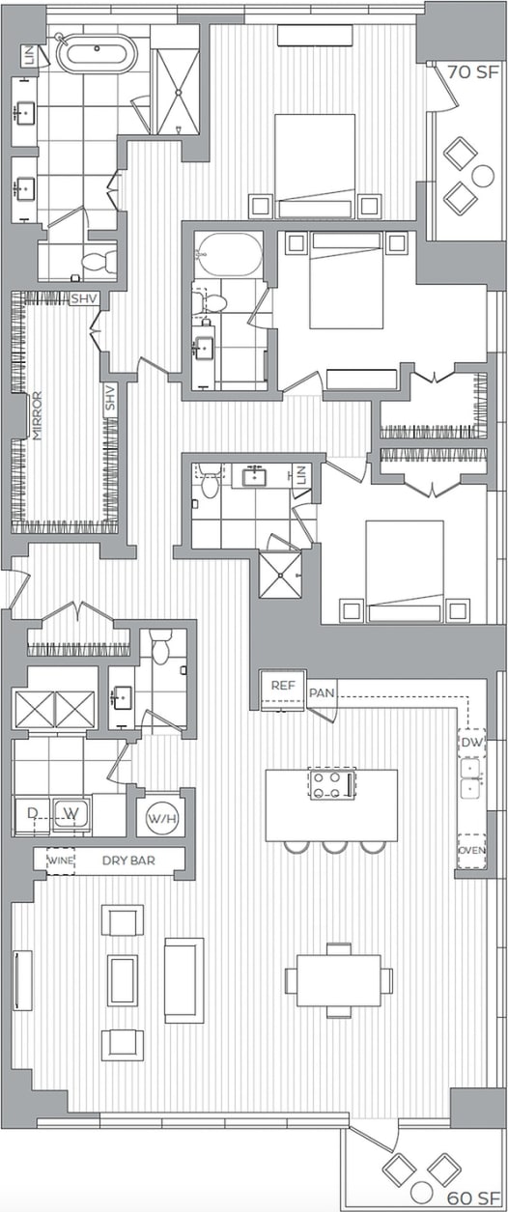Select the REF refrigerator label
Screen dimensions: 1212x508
(282, 685)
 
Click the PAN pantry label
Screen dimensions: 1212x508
(321, 693)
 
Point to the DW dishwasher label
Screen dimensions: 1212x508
(470, 743)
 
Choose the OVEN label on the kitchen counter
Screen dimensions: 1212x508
(470, 851)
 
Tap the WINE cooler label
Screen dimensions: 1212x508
(60, 860)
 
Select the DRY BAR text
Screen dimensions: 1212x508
(128, 860)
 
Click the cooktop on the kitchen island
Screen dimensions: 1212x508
(331, 782)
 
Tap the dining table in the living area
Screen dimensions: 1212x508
(338, 980)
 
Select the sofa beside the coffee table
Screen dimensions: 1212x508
(183, 979)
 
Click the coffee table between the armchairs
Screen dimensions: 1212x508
(123, 979)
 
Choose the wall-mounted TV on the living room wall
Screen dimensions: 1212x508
(21, 979)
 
